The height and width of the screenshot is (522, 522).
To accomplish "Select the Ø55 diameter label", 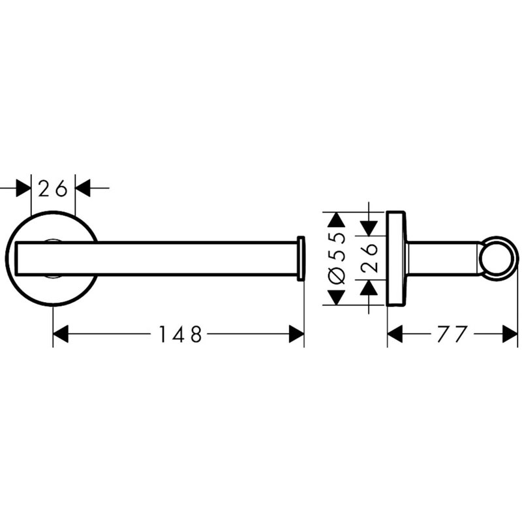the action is (x=337, y=258).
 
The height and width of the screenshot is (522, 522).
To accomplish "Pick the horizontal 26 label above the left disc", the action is (x=53, y=188).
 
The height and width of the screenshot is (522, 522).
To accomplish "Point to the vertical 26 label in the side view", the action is (x=369, y=258).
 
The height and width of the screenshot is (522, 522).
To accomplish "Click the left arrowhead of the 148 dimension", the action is (x=61, y=334).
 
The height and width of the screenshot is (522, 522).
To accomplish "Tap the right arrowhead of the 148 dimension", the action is (x=296, y=334).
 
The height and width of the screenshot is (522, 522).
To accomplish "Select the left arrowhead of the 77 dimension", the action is (x=395, y=334).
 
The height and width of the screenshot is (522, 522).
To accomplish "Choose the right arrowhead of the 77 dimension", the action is (x=510, y=334).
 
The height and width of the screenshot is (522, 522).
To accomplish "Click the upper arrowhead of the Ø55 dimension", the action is (x=336, y=220).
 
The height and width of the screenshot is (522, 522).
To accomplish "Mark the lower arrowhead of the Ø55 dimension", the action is (x=336, y=298).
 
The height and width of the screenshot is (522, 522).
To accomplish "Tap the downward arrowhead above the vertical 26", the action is (x=369, y=228).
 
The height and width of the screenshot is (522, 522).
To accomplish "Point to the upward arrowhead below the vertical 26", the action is (x=369, y=288).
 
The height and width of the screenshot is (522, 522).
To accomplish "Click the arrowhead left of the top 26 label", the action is (x=23, y=188).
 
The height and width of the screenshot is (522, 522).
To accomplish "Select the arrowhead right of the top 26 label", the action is (x=83, y=188).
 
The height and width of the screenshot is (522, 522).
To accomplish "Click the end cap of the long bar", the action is (x=301, y=258).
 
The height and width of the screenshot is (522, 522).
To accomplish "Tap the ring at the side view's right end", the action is (x=499, y=258).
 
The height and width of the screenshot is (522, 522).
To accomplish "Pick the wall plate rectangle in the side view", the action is (x=396, y=258).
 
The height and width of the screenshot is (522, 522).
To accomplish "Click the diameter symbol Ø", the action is (x=337, y=276).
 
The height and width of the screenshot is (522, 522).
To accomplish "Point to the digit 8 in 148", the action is (x=196, y=334).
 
